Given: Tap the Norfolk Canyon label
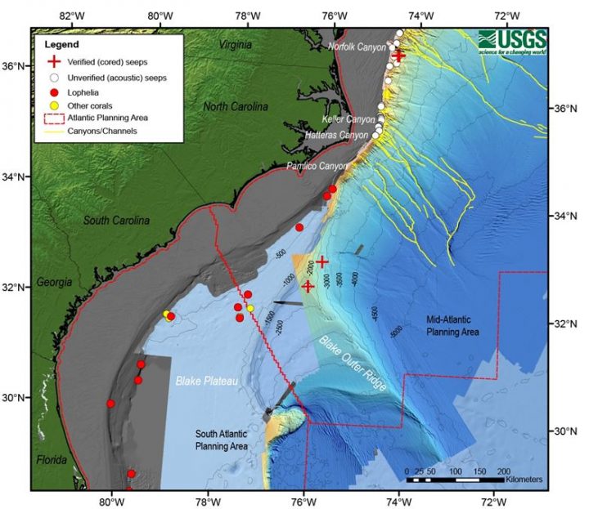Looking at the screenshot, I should click(356, 47).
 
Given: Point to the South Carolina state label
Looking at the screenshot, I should click(116, 221).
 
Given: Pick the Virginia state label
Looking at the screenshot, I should click(236, 46).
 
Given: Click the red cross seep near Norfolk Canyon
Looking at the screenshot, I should click(399, 55).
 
